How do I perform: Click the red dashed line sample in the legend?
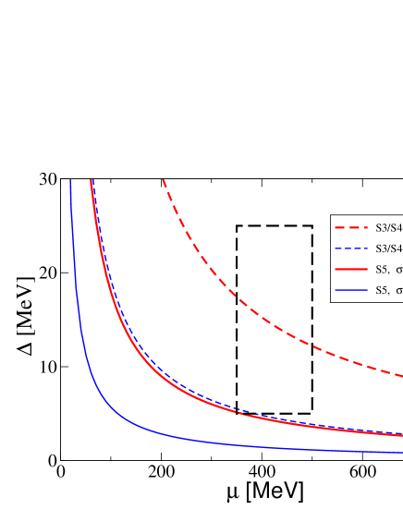click(x=351, y=227)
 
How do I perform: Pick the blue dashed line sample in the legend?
click(x=351, y=248)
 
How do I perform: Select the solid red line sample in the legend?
click(x=351, y=270)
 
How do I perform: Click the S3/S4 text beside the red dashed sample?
click(x=388, y=227)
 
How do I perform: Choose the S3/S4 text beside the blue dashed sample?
click(x=388, y=248)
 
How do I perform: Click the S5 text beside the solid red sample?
click(x=382, y=270)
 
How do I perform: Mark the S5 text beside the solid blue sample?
click(x=382, y=291)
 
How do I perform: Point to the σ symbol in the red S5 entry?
click(x=399, y=270)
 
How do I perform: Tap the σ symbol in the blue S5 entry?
click(x=399, y=291)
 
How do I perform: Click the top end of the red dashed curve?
click(x=163, y=180)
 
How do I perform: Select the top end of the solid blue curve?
click(x=70, y=181)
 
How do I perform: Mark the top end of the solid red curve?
click(x=91, y=181)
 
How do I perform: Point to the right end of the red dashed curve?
click(x=401, y=376)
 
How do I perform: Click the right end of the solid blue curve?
click(x=401, y=453)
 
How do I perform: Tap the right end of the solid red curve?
click(x=401, y=435)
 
